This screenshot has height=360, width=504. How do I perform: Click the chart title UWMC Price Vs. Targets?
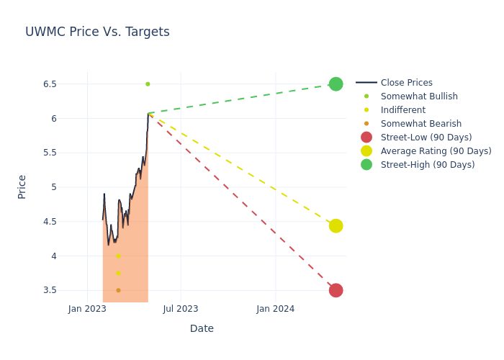point(97,32)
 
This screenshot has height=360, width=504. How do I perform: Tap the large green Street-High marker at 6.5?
point(336,84)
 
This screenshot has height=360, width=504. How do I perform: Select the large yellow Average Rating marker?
point(336,226)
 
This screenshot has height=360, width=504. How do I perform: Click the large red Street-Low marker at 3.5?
point(336,290)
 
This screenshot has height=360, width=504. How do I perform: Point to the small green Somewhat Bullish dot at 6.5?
point(148,84)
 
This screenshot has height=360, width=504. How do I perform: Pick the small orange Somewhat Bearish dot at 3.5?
point(118,290)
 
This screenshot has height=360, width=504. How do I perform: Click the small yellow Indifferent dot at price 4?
point(118,256)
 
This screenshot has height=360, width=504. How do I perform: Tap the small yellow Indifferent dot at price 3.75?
point(118,274)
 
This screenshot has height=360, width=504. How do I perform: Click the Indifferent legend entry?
point(402,110)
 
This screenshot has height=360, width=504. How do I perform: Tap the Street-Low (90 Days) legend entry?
point(426,138)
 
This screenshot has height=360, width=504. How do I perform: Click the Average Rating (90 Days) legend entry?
point(436,151)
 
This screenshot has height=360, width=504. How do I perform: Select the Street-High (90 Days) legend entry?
point(427,165)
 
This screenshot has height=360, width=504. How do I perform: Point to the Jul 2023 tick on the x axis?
point(181,309)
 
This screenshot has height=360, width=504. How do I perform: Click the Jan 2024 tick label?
point(276,309)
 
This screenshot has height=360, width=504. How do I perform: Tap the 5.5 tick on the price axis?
point(49,153)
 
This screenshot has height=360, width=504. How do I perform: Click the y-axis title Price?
point(22,186)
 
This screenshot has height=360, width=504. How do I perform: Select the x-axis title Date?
point(202,328)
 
